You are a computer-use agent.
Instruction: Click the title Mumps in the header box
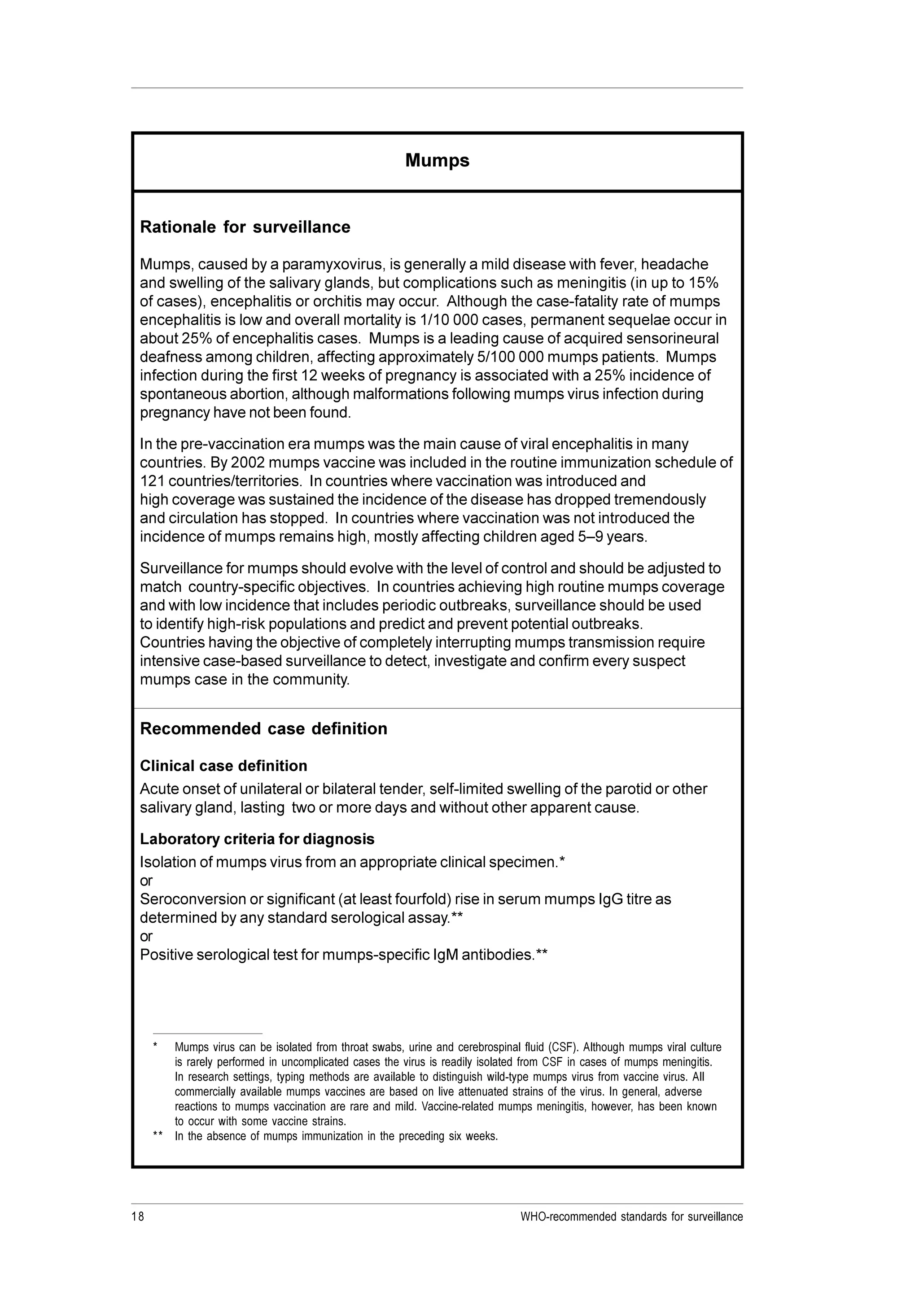(x=437, y=161)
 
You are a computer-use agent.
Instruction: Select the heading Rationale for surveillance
(x=245, y=227)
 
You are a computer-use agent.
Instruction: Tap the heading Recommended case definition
(x=263, y=729)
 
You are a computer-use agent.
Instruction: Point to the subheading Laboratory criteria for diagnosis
(x=257, y=838)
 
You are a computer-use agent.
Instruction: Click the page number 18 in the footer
(x=138, y=1216)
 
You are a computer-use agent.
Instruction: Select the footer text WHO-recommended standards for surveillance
(x=631, y=1216)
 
